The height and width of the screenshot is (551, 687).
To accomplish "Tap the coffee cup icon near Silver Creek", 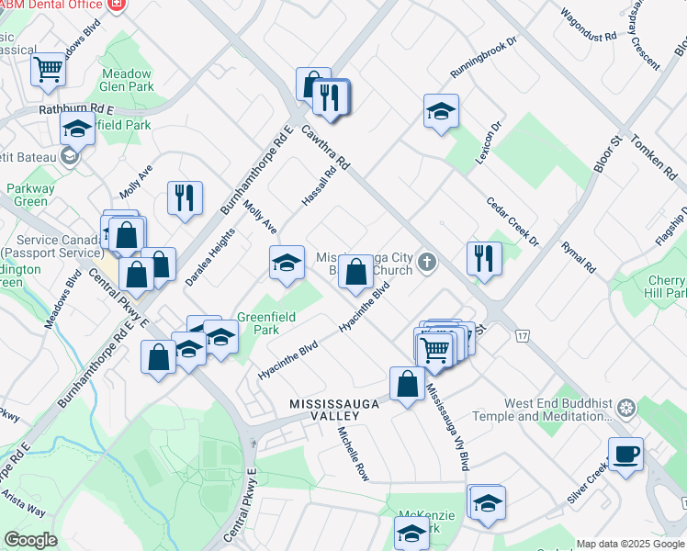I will click(625, 454).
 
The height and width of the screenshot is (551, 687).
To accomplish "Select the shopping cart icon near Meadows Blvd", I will click(48, 68).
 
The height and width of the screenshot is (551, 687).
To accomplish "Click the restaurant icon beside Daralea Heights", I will click(185, 197).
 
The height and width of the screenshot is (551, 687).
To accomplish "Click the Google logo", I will click(30, 540).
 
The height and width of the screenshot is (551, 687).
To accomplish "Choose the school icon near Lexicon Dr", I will click(441, 112).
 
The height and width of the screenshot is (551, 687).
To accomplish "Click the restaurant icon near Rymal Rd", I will click(483, 257).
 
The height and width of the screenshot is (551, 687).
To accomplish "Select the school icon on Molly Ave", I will click(287, 263).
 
